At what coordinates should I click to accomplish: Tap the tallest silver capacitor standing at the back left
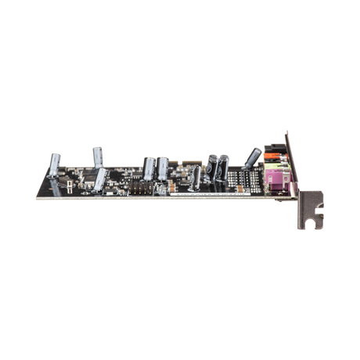97,154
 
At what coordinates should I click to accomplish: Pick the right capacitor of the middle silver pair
162,167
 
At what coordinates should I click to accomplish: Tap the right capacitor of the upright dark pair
224,166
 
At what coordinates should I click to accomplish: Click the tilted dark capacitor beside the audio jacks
252,158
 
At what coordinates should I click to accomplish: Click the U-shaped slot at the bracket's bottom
311,224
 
